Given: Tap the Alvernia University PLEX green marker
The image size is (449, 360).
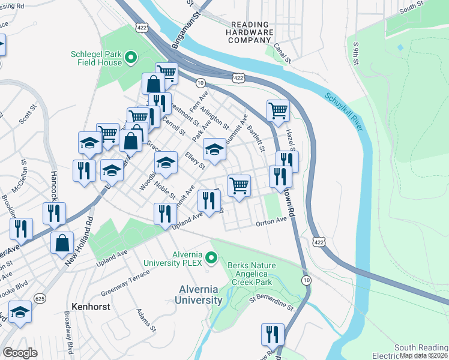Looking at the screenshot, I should pos(211,259).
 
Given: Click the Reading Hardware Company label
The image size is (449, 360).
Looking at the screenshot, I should pos(249,32).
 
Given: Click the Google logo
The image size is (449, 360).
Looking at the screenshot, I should pos(20,353).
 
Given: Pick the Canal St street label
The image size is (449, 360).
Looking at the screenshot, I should pos(282,52).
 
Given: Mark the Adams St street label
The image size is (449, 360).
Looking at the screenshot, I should pos(146,320).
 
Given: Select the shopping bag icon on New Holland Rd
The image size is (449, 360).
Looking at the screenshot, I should pos(62,243).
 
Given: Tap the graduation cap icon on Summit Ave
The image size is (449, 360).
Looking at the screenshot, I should pos(214,148).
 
